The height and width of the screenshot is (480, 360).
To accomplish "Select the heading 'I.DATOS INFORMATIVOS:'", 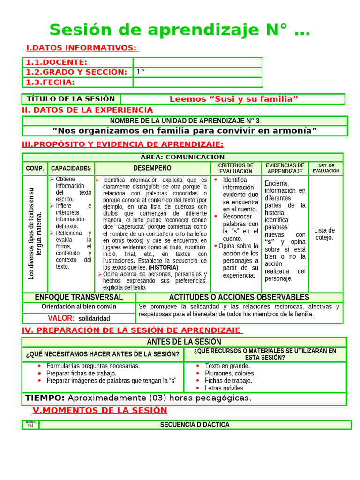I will (82, 48).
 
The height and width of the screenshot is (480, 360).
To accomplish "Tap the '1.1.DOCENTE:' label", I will (56, 62).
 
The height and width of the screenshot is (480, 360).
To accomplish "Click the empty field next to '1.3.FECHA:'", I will (197, 82).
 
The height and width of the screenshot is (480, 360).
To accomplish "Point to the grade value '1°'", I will (140, 72).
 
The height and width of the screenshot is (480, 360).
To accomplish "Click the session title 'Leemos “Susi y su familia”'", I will (233, 99).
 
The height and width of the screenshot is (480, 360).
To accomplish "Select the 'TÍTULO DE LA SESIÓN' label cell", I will (71, 99).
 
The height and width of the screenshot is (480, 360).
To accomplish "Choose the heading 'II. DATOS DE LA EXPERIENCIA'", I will (88, 110).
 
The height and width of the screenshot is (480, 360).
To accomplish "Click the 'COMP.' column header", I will (35, 168).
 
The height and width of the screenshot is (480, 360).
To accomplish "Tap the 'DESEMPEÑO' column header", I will (152, 168).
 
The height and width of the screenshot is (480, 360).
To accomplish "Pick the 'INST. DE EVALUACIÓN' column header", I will (326, 168).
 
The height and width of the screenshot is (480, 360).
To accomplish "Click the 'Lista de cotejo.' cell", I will (324, 233).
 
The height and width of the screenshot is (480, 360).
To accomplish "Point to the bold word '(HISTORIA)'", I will (163, 267).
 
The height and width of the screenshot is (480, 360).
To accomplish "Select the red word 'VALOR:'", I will (61, 318).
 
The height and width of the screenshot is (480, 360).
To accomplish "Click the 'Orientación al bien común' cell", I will (79, 307).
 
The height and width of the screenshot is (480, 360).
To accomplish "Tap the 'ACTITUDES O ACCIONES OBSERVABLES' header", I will (239, 297).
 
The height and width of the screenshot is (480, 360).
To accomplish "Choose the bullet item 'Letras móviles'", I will (224, 388).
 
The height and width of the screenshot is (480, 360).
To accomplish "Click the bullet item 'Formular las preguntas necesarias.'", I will (93, 366).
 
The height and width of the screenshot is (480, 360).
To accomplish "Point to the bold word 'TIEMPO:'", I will (45, 398).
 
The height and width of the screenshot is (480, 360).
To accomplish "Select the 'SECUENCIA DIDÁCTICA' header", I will (195, 425).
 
